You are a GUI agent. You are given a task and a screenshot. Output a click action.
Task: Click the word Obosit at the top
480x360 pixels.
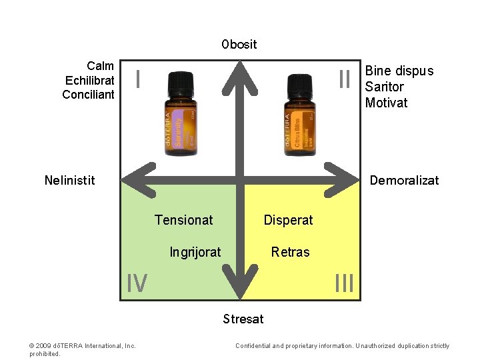(239, 45)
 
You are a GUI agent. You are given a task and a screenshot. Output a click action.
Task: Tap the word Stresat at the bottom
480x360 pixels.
(243, 319)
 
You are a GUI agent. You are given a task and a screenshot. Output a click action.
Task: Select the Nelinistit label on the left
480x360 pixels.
(69, 180)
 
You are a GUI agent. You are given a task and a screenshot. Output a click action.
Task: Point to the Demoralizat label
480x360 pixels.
(404, 180)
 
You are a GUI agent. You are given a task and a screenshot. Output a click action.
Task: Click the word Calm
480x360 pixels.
(100, 66)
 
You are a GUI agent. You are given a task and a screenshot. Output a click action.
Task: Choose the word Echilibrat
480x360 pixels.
(90, 80)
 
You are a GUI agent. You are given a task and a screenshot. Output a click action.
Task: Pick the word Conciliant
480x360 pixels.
(88, 95)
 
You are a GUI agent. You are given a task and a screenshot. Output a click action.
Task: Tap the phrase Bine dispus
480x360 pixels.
(399, 71)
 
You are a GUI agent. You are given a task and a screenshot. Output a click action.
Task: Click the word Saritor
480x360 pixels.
(385, 87)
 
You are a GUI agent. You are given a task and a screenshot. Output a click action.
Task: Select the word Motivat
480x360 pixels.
(386, 103)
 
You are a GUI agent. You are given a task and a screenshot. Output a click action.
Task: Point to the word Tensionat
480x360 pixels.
(183, 220)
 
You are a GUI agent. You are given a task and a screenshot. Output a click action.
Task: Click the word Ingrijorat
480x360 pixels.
(195, 252)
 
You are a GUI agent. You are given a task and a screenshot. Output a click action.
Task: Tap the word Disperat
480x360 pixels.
(288, 220)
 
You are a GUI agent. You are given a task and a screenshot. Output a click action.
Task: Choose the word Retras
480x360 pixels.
(290, 252)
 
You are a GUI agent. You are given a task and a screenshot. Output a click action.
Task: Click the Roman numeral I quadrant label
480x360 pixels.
(137, 79)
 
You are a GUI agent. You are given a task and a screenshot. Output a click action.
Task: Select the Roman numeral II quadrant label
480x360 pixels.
(344, 79)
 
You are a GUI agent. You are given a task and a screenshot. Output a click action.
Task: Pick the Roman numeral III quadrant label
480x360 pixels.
(344, 283)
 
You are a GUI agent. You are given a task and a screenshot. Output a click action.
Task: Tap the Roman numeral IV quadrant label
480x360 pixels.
(137, 283)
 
